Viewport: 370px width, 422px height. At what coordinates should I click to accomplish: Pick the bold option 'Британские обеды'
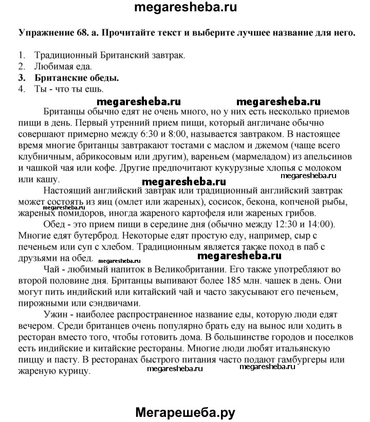(77, 79)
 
